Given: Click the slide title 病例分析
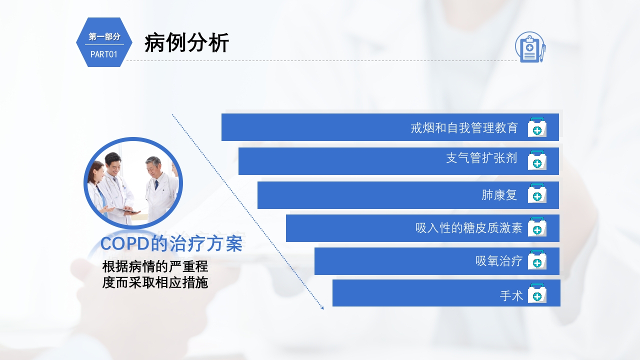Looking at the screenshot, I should point(186,43).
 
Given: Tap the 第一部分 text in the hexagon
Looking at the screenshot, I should point(104,36).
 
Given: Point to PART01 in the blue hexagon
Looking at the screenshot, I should point(104,54).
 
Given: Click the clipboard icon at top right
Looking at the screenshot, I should point(529,47).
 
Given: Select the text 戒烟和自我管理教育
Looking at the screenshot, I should point(464,128).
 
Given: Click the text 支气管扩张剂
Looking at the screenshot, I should point(481,158).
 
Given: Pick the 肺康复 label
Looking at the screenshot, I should point(499,195).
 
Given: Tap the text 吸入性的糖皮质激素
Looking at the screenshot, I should point(468,228).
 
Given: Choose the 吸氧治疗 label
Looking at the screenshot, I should point(498,261).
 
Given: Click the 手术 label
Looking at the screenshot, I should point(511,296).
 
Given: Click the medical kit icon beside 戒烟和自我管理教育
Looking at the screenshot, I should point(537,127).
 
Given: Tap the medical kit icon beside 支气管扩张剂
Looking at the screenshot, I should point(537,160).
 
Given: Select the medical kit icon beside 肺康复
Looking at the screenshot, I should point(537,194).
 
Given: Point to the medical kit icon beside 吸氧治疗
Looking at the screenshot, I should point(537,260).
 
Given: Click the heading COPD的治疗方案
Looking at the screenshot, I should point(171,244).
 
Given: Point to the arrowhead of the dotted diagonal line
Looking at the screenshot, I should point(322,307).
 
